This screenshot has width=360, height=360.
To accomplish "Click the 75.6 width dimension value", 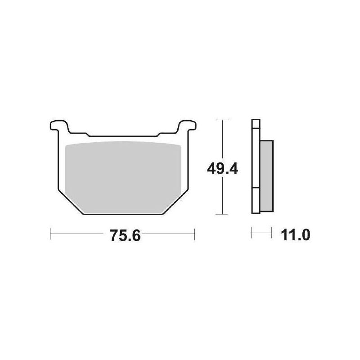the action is (x=125, y=235).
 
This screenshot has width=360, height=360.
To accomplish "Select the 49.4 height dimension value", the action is (x=222, y=169).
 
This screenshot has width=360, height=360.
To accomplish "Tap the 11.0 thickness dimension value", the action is (x=295, y=235).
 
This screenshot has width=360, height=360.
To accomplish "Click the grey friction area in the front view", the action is (x=123, y=177).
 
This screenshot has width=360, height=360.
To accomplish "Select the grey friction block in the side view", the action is (x=266, y=176).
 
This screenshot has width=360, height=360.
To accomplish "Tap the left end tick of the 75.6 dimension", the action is (x=50, y=234).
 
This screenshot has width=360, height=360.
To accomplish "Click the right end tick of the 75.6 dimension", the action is (x=194, y=234).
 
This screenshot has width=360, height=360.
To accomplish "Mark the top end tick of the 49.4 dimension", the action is (x=222, y=120).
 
